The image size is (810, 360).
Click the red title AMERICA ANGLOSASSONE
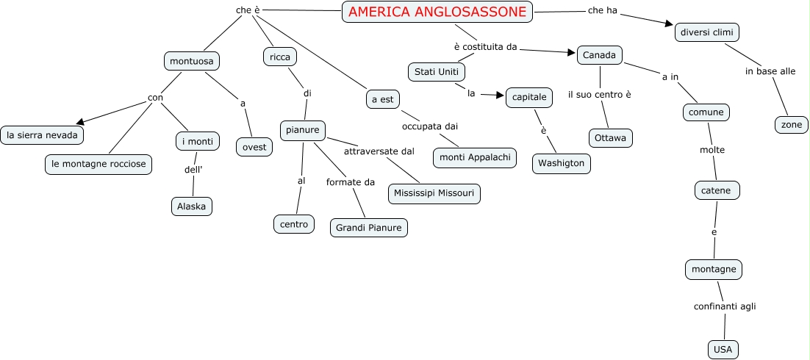(x=438, y=12)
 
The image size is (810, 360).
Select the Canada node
(x=599, y=55)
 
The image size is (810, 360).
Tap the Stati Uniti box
(x=436, y=72)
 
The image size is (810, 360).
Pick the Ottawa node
(x=610, y=137)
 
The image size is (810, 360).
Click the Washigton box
(x=562, y=163)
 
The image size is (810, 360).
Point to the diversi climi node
(x=706, y=32)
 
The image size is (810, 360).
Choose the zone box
(x=791, y=125)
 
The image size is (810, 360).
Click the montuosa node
(x=191, y=61)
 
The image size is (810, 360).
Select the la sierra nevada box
(x=42, y=135)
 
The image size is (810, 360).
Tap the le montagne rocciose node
(x=98, y=164)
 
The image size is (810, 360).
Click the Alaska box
(x=192, y=206)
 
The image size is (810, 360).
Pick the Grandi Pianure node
(x=368, y=228)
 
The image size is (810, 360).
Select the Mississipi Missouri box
(x=434, y=193)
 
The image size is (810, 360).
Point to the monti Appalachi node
(x=475, y=157)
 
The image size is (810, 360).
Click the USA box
(x=722, y=349)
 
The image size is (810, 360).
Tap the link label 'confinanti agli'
(x=724, y=306)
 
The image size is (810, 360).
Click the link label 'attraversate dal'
(x=379, y=151)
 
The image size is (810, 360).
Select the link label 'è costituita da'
(x=485, y=47)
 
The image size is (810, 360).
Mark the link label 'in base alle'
(x=770, y=71)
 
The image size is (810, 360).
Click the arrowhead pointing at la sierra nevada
(x=81, y=122)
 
